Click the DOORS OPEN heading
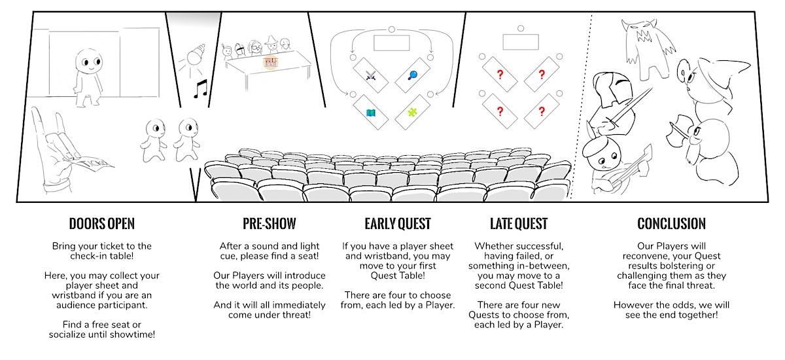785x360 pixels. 101,224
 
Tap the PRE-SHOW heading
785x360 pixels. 269,224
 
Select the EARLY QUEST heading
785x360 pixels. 398,224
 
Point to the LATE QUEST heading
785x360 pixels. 519,224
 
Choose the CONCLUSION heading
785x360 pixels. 671,224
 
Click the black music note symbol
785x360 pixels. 199,88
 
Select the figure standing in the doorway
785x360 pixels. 88,75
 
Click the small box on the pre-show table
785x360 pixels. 268,62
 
